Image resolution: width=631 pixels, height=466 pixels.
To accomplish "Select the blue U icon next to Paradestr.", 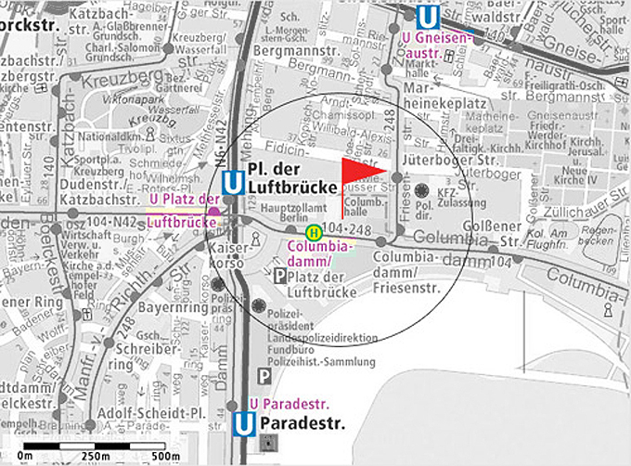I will [244, 425].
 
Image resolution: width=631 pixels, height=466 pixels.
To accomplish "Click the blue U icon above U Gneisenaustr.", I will [428, 18].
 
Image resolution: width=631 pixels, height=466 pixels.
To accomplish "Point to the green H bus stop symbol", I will [315, 232].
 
